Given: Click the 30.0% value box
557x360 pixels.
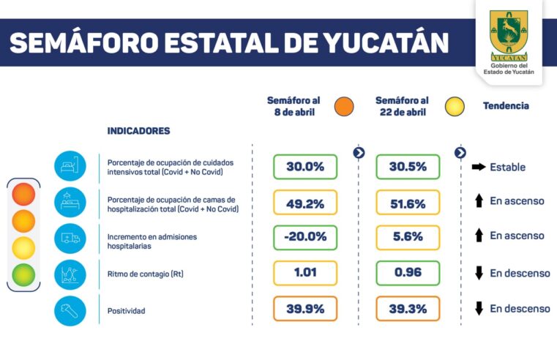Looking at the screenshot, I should (x=304, y=167).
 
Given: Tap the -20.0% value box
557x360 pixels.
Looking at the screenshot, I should (x=304, y=238).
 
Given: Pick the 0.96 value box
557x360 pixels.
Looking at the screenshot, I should (x=408, y=273).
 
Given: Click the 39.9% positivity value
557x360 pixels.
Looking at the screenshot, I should (x=304, y=309).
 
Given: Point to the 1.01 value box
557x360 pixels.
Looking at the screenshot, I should (x=304, y=273).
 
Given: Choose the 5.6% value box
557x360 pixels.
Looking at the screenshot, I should (x=408, y=238).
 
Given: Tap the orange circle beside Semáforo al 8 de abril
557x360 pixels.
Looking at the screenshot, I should (x=343, y=107).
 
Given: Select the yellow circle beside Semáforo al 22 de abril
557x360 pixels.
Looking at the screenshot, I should (x=455, y=107).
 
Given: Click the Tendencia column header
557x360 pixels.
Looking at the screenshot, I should (x=506, y=106).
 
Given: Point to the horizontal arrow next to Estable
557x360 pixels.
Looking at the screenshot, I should (x=479, y=167).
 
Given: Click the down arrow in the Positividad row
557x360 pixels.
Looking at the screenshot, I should (x=479, y=309).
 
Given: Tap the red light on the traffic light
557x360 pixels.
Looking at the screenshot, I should (x=23, y=195).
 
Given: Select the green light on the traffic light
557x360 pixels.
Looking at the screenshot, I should (x=23, y=274).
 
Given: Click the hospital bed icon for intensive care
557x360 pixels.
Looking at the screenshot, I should (x=70, y=167).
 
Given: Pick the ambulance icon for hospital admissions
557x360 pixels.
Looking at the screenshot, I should (x=70, y=238).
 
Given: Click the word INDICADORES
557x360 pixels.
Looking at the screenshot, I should (x=138, y=131).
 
